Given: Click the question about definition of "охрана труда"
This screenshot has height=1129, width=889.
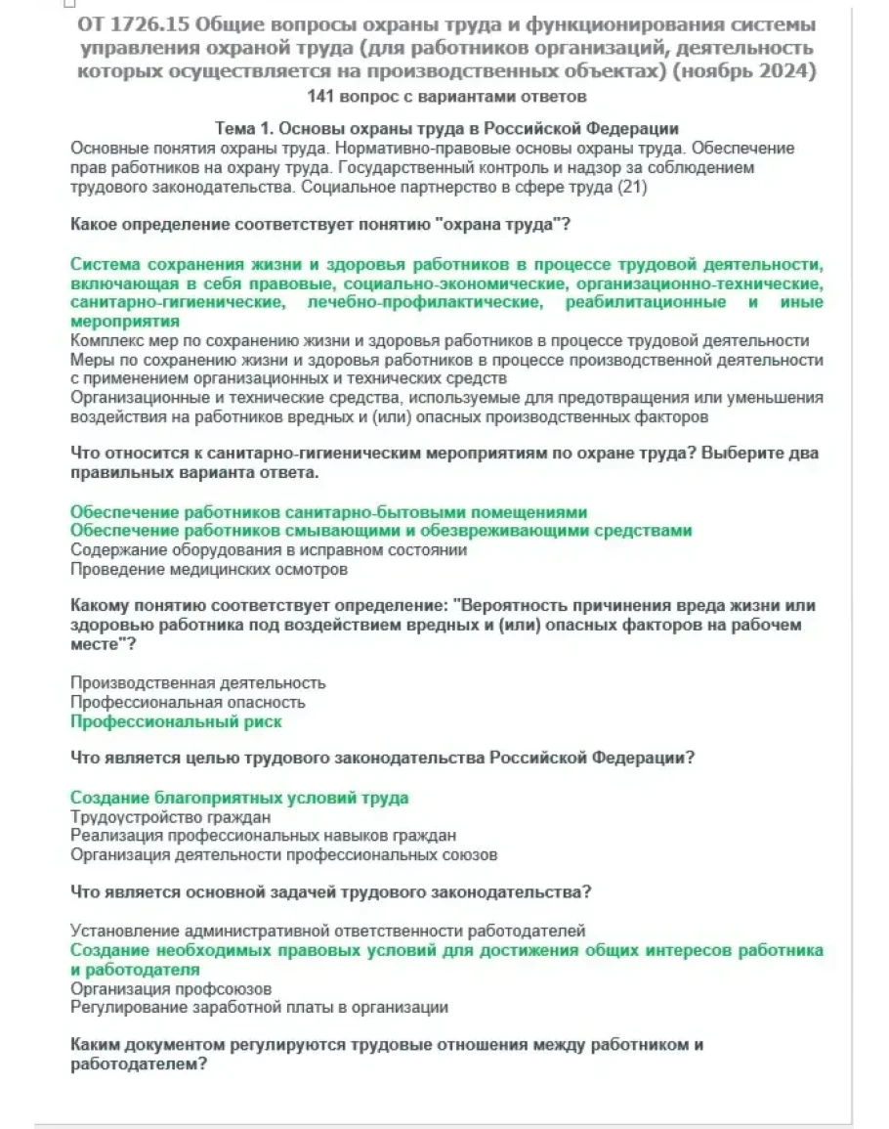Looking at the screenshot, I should (320, 226).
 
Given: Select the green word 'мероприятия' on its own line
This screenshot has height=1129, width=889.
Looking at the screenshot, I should (125, 321).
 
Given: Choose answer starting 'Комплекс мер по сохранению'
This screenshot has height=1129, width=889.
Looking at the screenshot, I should (440, 340).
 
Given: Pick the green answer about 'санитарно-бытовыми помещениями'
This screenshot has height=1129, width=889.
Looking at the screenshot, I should (329, 511).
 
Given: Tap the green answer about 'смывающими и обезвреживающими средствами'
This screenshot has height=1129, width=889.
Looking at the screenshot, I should (381, 531).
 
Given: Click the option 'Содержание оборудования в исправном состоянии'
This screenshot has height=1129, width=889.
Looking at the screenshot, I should (269, 549).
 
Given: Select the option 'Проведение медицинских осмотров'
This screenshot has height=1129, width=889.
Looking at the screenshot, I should (209, 569).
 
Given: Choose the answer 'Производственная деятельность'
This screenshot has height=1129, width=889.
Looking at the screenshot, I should (198, 682).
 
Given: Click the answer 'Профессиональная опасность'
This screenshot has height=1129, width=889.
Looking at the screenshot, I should (189, 702).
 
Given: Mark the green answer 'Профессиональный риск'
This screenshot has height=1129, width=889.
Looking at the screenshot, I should (176, 721).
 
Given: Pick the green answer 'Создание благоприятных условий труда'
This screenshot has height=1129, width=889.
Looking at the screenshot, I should (239, 798).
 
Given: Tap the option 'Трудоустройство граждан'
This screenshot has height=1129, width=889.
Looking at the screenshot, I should (171, 816).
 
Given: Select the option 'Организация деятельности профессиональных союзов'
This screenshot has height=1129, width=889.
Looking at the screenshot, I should (284, 855).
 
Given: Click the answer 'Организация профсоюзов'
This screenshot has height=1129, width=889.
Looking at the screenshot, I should (171, 988).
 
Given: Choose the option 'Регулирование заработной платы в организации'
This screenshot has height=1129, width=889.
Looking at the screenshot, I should (260, 1007).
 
